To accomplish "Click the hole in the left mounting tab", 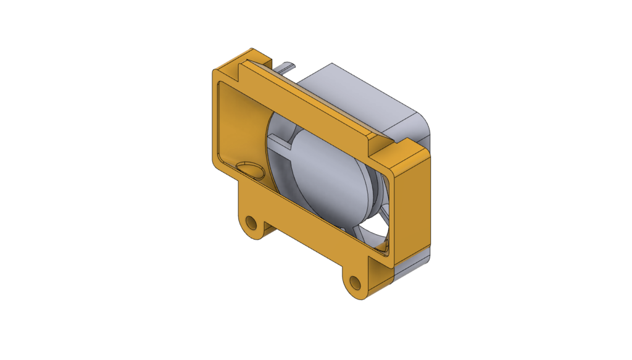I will coord(251,222).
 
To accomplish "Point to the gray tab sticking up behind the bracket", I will coord(285,65).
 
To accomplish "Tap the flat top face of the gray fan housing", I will coord(358,93).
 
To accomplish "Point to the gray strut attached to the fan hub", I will coord(280,144).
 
